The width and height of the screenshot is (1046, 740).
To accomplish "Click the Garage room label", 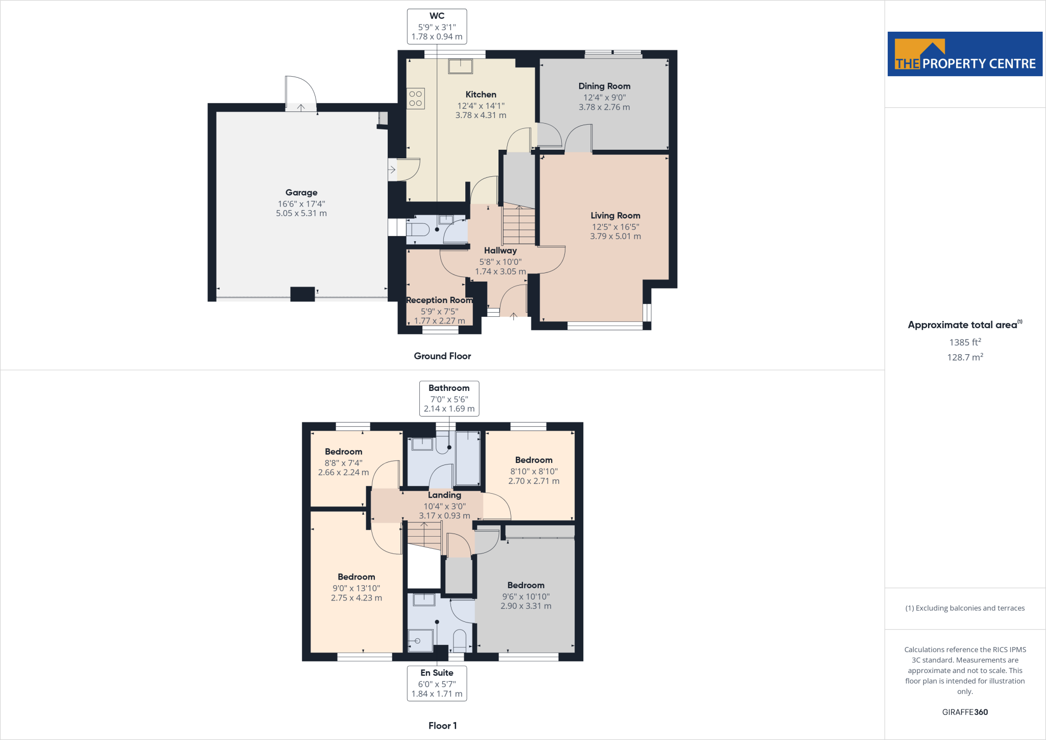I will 301,193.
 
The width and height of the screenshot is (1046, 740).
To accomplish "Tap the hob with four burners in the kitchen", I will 416,99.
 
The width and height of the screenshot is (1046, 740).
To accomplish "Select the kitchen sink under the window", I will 460,66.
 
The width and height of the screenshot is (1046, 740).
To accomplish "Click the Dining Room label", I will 604,86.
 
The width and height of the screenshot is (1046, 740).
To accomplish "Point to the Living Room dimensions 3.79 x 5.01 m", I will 615,236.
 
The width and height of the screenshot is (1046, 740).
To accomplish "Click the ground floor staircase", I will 519,225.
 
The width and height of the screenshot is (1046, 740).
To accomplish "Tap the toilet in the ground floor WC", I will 418,229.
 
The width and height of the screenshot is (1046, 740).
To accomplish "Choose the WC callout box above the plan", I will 437,27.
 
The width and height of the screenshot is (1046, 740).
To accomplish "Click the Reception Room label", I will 439,300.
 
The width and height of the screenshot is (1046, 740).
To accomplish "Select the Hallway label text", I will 501,250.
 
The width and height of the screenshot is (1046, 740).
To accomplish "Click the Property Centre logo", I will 965,54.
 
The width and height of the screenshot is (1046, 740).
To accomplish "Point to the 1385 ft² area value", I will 965,342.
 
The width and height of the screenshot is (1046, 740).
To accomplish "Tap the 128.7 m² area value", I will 965,357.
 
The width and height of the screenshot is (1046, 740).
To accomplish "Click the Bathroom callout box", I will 449,398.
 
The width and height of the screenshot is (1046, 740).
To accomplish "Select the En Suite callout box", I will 437,683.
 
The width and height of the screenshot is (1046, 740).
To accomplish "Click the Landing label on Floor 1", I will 444,495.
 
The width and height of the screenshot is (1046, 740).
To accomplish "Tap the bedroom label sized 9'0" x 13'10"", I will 356,577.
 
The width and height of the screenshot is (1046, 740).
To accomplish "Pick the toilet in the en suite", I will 460,640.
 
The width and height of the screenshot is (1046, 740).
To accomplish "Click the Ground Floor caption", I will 442,356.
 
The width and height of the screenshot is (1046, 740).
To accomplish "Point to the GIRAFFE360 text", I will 965,712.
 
